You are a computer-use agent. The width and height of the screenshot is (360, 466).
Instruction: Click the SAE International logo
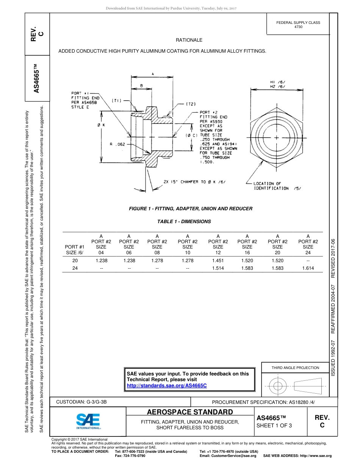88,420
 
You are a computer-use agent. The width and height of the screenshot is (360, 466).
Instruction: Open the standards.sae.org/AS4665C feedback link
167,385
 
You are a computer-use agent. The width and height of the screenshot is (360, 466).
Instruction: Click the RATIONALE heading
189,40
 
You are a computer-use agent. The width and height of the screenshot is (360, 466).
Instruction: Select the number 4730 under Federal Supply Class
298,27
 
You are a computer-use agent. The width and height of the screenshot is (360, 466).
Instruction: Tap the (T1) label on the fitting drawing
116,100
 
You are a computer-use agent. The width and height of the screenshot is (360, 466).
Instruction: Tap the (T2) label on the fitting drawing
190,103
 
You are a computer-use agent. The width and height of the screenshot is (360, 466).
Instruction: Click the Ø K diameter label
101,125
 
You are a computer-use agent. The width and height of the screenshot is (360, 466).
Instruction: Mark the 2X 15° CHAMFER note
194,182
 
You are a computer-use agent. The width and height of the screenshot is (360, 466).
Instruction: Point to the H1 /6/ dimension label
277,82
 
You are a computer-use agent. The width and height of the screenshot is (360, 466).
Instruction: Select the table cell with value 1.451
218,261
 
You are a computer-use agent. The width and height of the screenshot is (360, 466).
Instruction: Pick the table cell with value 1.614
308,268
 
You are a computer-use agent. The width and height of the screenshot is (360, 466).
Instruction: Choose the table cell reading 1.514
218,268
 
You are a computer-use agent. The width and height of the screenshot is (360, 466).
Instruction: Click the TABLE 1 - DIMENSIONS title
184,222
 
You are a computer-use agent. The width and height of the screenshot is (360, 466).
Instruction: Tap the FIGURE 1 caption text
191,209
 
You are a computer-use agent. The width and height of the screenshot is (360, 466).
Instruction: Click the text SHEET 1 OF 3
274,425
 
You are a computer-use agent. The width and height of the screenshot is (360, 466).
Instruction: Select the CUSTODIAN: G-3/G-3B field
84,402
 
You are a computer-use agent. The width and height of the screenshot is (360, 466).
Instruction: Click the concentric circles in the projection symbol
278,386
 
